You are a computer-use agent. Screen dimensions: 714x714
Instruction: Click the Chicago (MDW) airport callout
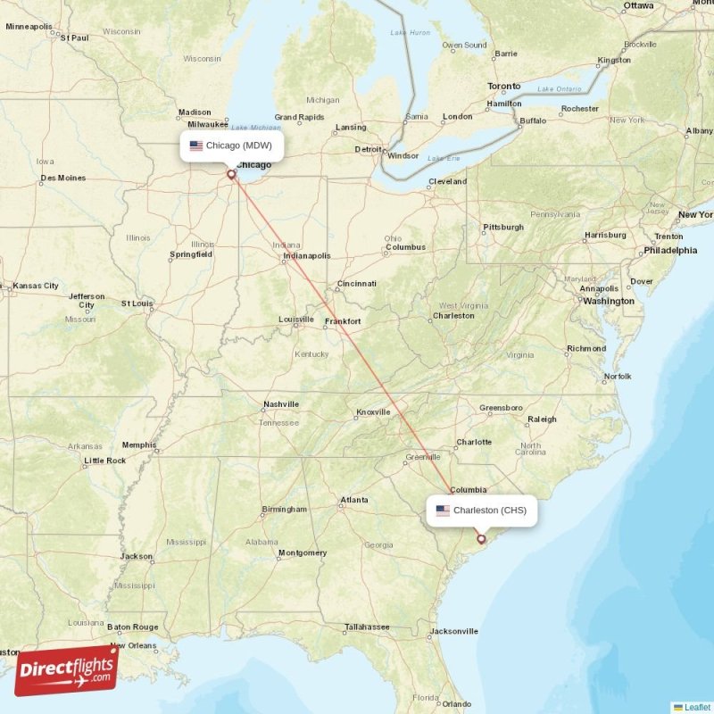(x=232, y=145)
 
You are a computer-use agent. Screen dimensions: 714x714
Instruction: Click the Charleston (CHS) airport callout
(x=482, y=511)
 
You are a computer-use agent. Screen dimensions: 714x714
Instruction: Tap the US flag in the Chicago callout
(x=196, y=145)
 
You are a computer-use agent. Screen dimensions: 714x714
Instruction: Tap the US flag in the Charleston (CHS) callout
(x=443, y=511)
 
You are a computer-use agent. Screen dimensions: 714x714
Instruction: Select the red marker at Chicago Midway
(x=231, y=174)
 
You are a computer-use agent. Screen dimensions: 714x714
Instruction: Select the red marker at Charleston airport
(x=481, y=538)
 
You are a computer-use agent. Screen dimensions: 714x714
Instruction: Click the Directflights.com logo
(x=66, y=669)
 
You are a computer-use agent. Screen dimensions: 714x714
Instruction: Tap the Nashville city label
(x=280, y=404)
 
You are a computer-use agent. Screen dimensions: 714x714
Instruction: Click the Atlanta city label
(x=354, y=500)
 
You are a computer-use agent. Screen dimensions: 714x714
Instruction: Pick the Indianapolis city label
(x=306, y=256)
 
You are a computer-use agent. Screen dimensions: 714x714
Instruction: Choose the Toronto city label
(x=503, y=87)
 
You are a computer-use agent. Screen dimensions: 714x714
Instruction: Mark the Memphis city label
(x=139, y=444)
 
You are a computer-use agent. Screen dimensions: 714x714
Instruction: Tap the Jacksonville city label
(x=453, y=631)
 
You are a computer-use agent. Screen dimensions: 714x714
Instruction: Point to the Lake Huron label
(x=410, y=33)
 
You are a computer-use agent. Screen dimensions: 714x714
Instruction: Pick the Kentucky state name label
(x=311, y=354)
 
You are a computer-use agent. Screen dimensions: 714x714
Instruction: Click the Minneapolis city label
(x=29, y=27)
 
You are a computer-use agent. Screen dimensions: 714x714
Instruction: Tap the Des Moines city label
(x=63, y=178)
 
